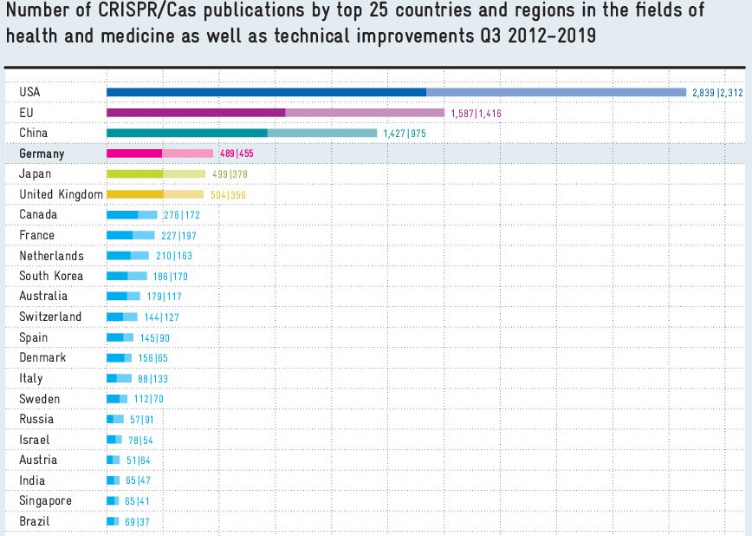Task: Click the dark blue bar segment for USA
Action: pyautogui.click(x=266, y=92)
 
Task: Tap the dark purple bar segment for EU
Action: pyautogui.click(x=196, y=113)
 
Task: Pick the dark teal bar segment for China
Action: pyautogui.click(x=187, y=133)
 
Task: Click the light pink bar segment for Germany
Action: pyautogui.click(x=187, y=154)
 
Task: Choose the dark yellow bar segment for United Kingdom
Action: pyautogui.click(x=134, y=194)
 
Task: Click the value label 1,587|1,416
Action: pyautogui.click(x=476, y=114)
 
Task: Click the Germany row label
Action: pyautogui.click(x=42, y=154)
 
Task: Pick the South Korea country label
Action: pyautogui.click(x=51, y=276)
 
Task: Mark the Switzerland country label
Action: pyautogui.click(x=50, y=317)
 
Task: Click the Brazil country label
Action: pyautogui.click(x=35, y=521)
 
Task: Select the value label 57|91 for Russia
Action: pyautogui.click(x=141, y=420)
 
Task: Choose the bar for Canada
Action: pyautogui.click(x=132, y=214)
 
